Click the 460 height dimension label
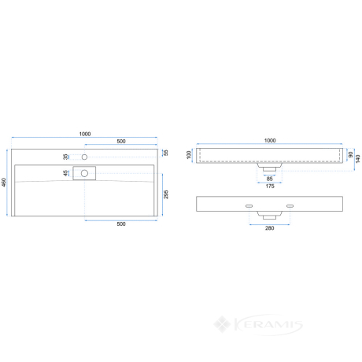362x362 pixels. pos(4,183)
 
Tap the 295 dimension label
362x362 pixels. pos(166,194)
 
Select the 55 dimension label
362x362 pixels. pos(165,153)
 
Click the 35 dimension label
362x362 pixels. pos(65,157)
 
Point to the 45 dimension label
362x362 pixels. pos(65,173)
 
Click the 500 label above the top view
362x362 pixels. pos(121,141)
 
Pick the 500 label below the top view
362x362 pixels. pos(121,223)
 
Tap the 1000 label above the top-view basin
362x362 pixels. pos(85,134)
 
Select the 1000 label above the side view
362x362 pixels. pos(270,140)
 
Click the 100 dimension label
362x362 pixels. pos(189,155)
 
